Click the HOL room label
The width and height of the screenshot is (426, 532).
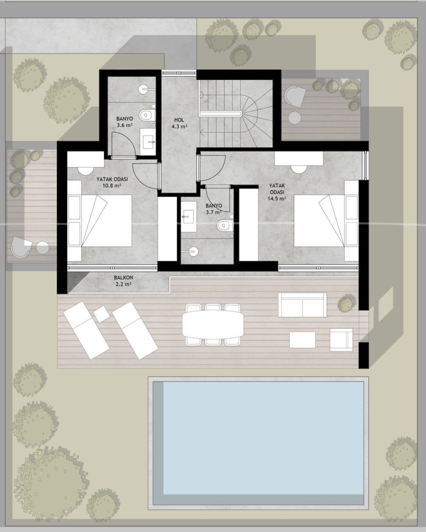[179, 120]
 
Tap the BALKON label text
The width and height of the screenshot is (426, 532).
[124, 278]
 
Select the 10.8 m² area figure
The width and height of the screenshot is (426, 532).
[112, 185]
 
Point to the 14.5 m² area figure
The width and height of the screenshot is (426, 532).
[277, 198]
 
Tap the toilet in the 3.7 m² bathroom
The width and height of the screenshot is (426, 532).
[225, 225]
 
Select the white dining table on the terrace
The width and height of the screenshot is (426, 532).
[213, 325]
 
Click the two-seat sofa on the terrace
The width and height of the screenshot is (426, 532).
[302, 305]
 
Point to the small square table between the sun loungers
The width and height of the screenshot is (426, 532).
[102, 314]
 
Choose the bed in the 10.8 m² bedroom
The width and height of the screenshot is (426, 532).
[100, 221]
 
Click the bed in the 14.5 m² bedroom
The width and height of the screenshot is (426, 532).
[326, 220]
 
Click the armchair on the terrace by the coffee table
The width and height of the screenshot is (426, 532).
[342, 339]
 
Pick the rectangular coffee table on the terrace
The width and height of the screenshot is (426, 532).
[302, 340]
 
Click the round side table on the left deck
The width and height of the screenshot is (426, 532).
[43, 248]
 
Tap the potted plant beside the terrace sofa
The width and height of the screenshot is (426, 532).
[346, 304]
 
